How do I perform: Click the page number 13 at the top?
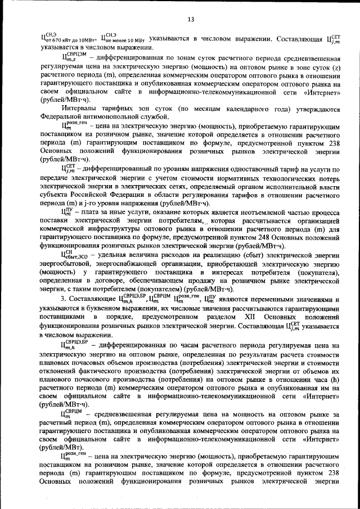coord(191,20)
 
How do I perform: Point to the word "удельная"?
coord(107,254)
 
